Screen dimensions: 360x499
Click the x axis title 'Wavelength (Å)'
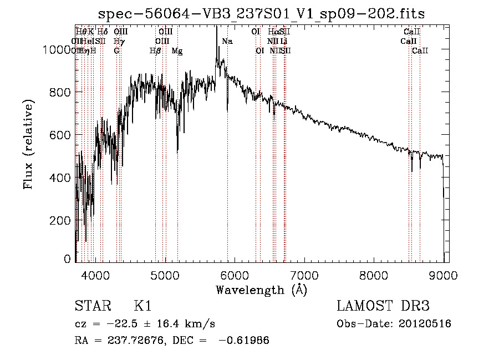[261, 290]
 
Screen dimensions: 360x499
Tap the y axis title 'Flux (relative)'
[29, 144]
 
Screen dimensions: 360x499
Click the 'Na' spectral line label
[227, 42]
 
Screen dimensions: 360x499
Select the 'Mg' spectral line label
[177, 51]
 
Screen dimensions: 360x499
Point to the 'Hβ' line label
[155, 51]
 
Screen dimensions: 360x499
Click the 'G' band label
[116, 51]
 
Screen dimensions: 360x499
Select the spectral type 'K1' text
[142, 307]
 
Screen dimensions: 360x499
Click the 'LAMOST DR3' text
[383, 307]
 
